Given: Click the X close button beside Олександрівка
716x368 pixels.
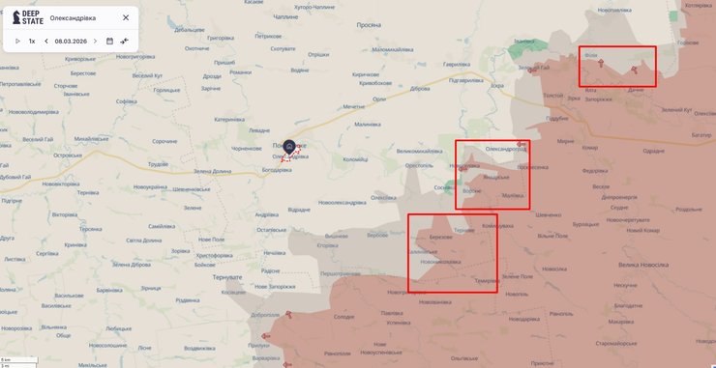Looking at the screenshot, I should [x=126, y=17].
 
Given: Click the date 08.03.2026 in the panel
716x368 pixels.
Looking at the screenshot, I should [x=73, y=42].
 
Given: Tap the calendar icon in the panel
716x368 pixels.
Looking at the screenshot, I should [x=109, y=42].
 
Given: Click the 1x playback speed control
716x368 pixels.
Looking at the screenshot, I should [x=32, y=42].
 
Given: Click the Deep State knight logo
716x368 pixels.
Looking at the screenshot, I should [x=17, y=17].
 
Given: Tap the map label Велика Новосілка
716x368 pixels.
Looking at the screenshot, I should [x=643, y=264].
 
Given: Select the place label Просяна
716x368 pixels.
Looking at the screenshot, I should [x=369, y=26].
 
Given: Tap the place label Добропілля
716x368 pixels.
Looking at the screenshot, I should [x=264, y=314].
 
